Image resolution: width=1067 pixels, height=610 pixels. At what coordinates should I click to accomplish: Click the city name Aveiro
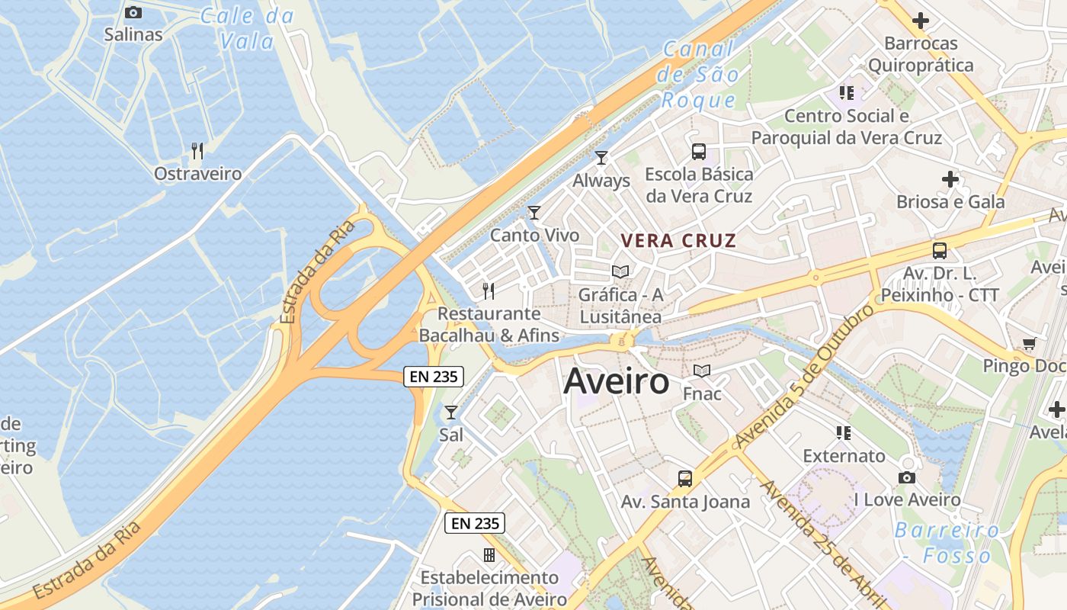click(616, 382)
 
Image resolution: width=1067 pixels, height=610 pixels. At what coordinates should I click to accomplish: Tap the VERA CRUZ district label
click(678, 241)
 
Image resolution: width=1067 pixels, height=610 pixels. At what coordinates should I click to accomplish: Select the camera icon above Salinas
click(133, 12)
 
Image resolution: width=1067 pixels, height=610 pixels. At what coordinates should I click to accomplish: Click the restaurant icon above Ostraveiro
click(197, 151)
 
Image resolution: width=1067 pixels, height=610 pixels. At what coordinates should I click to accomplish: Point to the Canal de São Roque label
click(699, 75)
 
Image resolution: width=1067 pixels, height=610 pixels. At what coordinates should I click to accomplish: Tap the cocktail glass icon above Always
click(601, 158)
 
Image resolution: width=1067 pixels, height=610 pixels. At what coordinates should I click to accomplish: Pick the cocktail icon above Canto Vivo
click(534, 212)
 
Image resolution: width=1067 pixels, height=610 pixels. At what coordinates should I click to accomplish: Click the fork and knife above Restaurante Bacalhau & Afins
click(489, 291)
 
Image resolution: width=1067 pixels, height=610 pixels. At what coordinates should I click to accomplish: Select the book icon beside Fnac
click(701, 371)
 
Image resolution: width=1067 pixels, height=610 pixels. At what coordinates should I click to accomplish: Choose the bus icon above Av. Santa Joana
click(685, 479)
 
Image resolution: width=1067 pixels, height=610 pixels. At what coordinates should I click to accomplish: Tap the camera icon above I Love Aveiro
click(906, 477)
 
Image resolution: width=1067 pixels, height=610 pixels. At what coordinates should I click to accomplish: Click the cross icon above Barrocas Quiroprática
click(921, 21)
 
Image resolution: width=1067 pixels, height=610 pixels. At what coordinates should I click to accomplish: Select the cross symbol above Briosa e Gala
click(950, 180)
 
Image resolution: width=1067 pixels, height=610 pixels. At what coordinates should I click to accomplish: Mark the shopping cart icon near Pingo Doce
click(1029, 344)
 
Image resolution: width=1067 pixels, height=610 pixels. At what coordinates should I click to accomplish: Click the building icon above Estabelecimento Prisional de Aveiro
click(489, 554)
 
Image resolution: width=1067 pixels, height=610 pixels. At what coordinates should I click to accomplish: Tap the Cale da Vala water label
click(247, 28)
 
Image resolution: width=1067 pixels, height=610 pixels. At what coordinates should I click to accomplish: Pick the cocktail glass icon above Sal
click(451, 413)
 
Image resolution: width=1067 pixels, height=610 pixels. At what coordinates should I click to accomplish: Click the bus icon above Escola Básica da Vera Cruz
click(699, 151)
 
